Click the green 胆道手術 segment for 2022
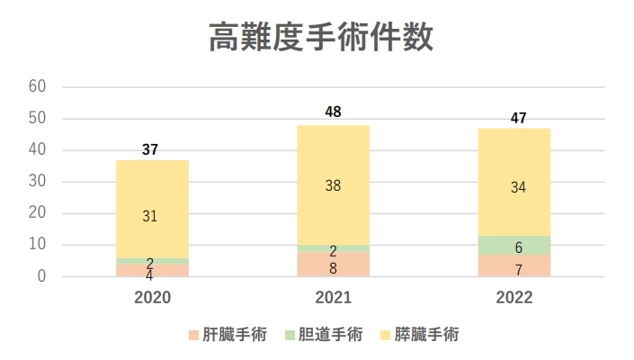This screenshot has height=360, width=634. pos(513,245)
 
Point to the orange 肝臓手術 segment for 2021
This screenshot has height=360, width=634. pos(333,265)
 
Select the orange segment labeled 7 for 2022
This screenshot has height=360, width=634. pos(513,266)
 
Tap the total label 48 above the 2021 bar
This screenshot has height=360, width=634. pos(333,112)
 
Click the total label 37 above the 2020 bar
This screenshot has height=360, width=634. pos(150,149)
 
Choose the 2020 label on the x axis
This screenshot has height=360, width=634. pos(152,298)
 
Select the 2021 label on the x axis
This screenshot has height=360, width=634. pos(333,298)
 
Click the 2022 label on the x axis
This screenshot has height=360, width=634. pos(513,298)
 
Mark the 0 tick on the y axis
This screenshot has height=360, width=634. pos(41,277)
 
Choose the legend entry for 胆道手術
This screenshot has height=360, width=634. pos(323,335)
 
